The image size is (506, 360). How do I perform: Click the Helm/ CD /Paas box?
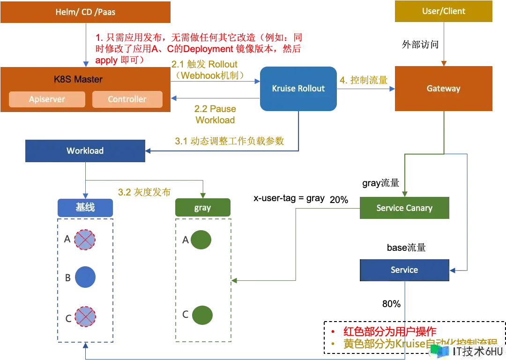(85, 12)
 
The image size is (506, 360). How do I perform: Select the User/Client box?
(444, 11)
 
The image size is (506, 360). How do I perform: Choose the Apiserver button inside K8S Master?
(47, 99)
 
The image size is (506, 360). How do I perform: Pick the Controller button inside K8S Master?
(127, 99)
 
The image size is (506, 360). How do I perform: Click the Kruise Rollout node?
(298, 89)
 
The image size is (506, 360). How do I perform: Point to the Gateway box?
(443, 89)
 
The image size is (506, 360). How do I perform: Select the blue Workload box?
(85, 151)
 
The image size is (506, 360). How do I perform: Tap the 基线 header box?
(85, 208)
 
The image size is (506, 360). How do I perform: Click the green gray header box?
(202, 208)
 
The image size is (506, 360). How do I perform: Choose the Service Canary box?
(404, 208)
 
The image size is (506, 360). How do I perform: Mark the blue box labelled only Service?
(404, 270)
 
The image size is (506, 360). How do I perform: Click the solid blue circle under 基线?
(85, 277)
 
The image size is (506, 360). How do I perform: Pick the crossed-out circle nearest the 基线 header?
(85, 240)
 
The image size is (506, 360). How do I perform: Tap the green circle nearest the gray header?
(202, 240)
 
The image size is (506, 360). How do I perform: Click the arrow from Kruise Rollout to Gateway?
(365, 89)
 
